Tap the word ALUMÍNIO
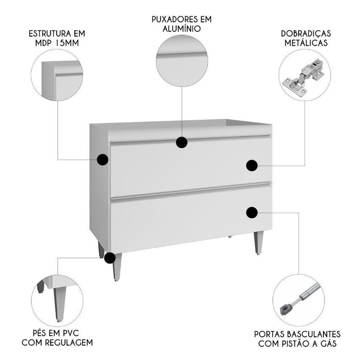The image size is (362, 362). pyautogui.click(x=182, y=29)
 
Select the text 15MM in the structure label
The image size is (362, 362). pyautogui.click(x=67, y=43)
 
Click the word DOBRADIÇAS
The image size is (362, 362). pyautogui.click(x=306, y=33)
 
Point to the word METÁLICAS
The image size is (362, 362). pyautogui.click(x=306, y=43)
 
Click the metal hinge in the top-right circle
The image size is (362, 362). pyautogui.click(x=303, y=78)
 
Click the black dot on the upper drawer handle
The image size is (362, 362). pyautogui.click(x=182, y=142)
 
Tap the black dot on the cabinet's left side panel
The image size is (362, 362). pyautogui.click(x=103, y=160)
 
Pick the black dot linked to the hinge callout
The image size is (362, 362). pyautogui.click(x=252, y=166)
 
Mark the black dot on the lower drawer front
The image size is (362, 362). pyautogui.click(x=252, y=213)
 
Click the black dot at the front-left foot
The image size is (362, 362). pyautogui.click(x=110, y=258)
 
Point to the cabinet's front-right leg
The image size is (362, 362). pyautogui.click(x=258, y=243)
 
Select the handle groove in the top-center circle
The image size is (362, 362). pyautogui.click(x=182, y=55)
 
